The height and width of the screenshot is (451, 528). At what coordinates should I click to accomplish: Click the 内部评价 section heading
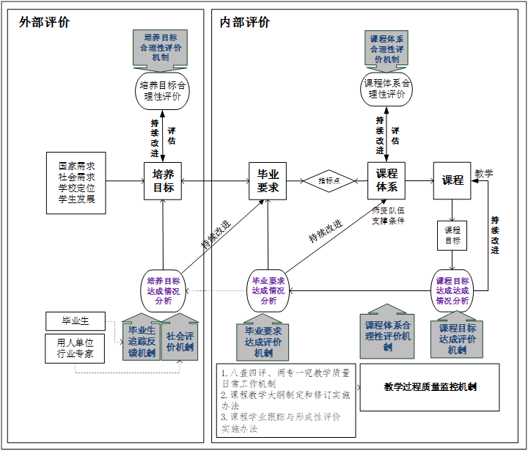pos(244,22)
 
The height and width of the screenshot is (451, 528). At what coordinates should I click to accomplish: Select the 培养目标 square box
pos(163,180)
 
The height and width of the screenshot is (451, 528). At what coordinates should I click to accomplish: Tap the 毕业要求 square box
pos(268,180)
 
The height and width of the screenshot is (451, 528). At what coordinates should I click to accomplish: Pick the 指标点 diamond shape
pos(329,180)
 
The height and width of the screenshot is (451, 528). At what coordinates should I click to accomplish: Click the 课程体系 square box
pos(386,180)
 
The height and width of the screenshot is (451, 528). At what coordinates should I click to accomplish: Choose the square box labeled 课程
pos(452,180)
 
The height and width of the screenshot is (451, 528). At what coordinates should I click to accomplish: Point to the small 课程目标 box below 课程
pos(452,235)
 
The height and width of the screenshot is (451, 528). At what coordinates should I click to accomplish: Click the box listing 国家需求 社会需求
pos(76,183)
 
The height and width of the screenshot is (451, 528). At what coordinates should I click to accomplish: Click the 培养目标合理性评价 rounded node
pos(162,89)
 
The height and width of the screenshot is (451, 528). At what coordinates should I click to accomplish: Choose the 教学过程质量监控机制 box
pos(430,386)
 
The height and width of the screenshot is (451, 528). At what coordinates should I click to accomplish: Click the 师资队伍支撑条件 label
pos(387,215)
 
